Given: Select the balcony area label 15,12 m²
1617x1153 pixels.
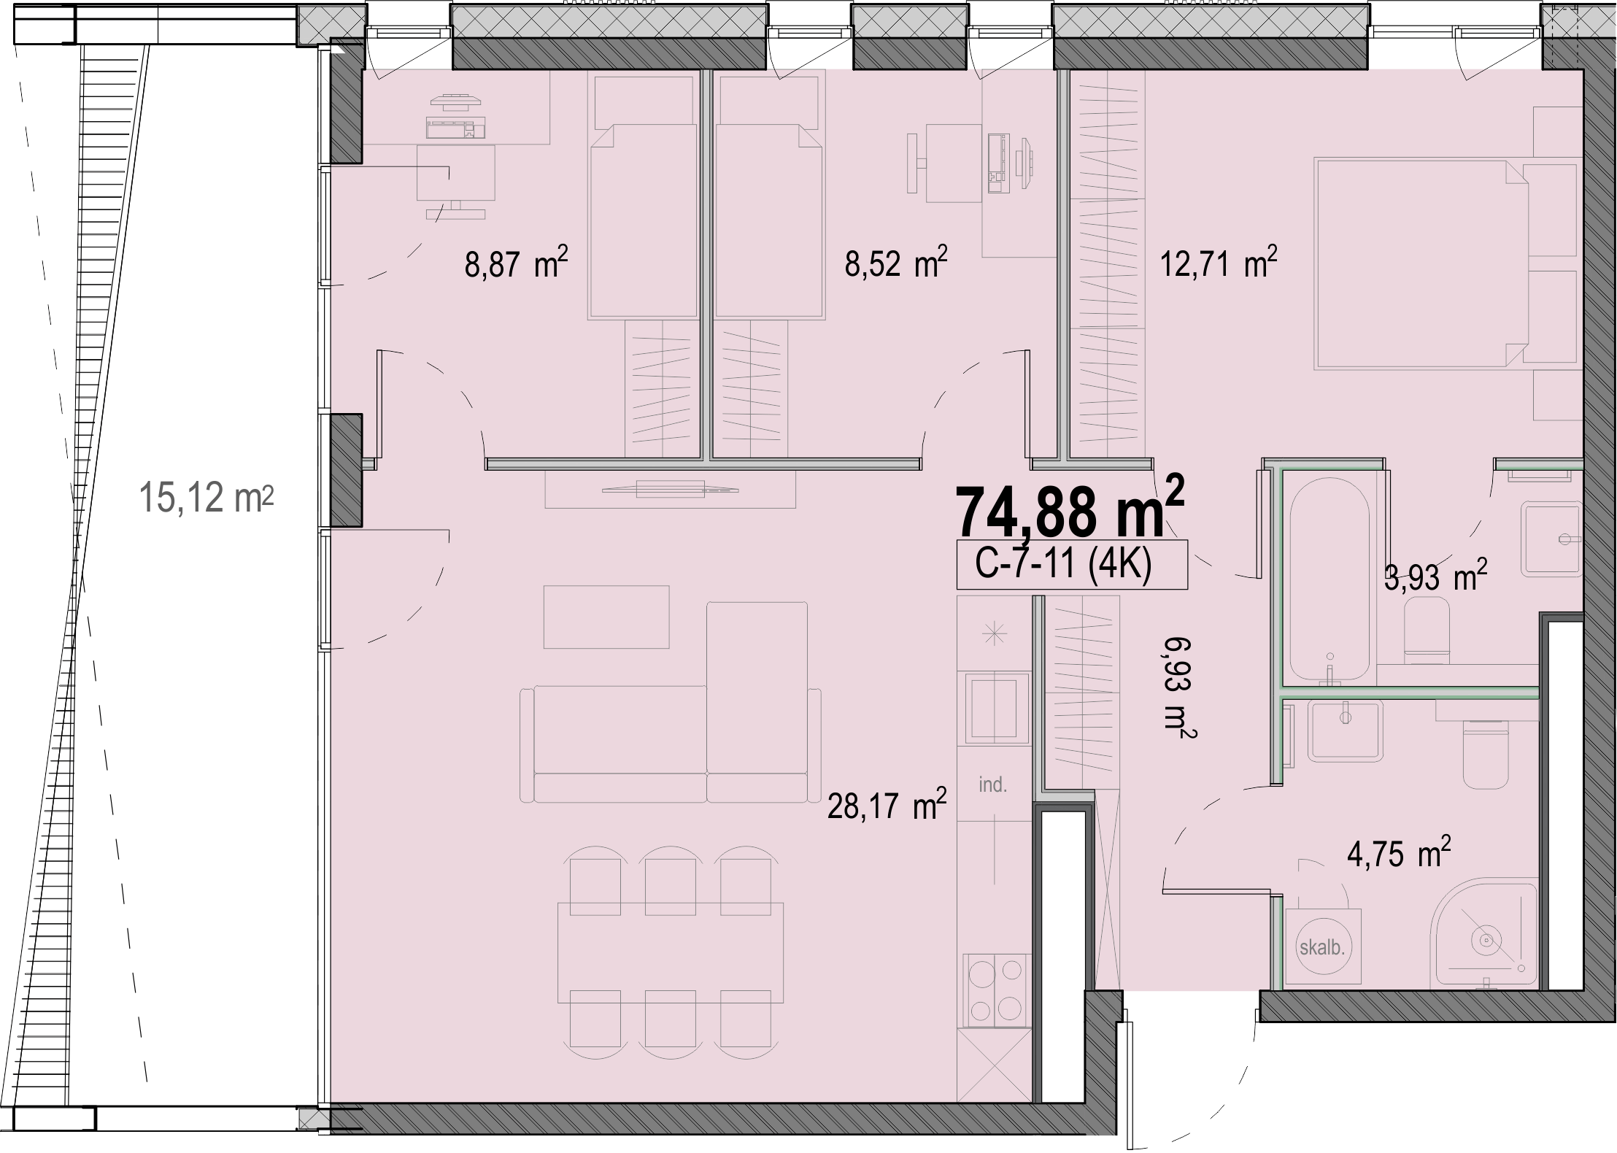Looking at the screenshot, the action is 206,498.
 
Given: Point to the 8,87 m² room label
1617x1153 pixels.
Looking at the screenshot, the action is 516,263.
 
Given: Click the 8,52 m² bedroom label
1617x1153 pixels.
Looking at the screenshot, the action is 896,263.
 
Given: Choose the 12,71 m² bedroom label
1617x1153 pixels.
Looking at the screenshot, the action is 1219,263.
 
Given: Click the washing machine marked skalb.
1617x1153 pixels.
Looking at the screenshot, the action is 1322,948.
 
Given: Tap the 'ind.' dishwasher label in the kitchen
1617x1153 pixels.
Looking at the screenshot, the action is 993,785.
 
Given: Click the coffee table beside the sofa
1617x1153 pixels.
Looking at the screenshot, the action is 606,617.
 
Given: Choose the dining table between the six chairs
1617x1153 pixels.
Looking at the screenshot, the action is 671,952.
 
